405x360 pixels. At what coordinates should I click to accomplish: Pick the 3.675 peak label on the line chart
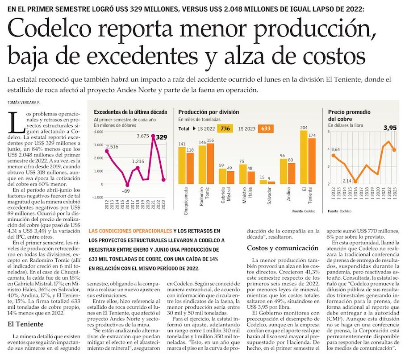point(143,136)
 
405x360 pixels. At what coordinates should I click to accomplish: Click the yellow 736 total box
point(225,128)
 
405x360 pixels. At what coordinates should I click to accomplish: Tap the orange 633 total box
point(266,128)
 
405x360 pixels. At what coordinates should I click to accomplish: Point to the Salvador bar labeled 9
point(271,182)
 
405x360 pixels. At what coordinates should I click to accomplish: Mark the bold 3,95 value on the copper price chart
point(390,128)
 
